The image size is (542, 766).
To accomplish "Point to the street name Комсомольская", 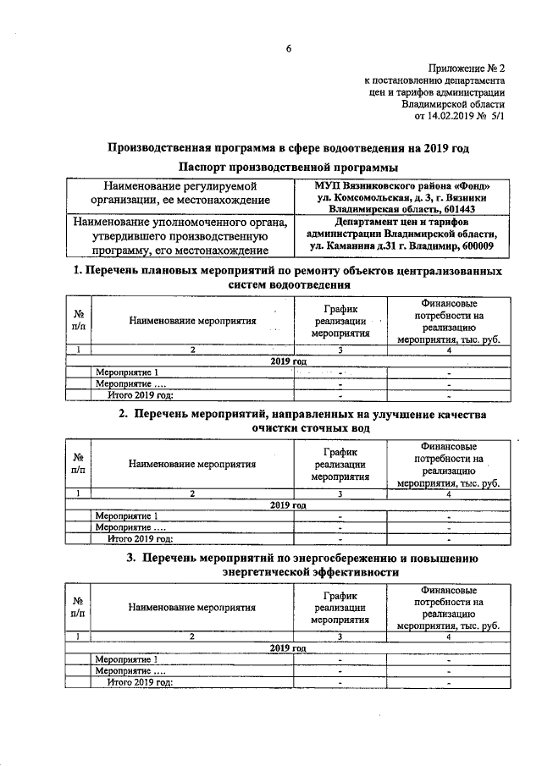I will [365, 197].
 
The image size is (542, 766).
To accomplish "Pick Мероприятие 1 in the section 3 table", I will [126, 659].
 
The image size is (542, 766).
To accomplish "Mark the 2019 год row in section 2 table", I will [288, 504].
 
